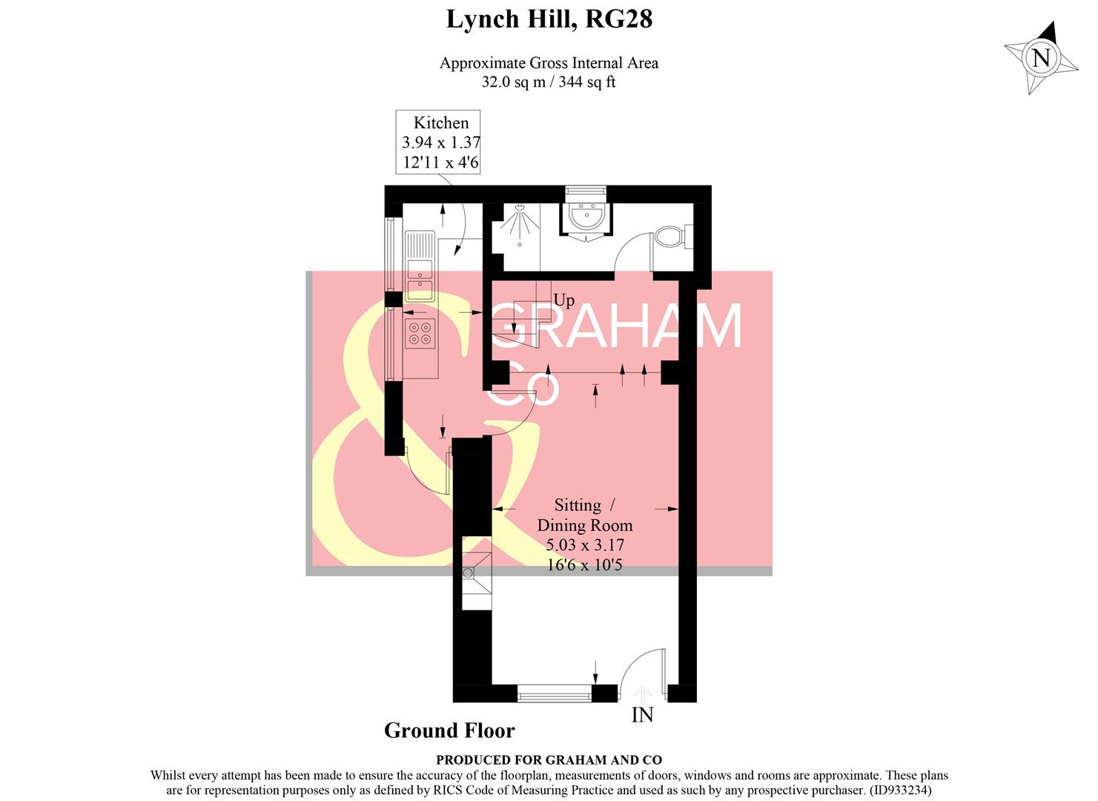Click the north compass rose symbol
tap(1041, 58)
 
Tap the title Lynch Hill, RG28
tap(549, 19)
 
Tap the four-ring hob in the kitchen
tap(421, 333)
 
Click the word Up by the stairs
tap(563, 300)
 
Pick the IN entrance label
tap(642, 715)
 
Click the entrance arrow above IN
tap(642, 693)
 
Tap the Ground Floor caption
tap(449, 731)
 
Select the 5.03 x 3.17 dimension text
tap(585, 545)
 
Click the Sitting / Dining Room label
tap(585, 515)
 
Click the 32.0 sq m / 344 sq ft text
tap(549, 82)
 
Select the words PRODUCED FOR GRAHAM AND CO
tap(549, 759)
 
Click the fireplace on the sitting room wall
tap(475, 573)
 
